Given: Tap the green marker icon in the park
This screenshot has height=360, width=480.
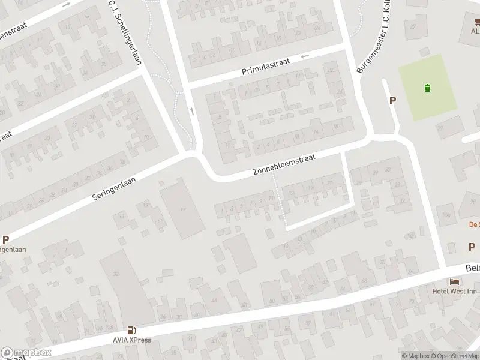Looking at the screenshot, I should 427,88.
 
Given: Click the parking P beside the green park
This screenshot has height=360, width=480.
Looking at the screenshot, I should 393,101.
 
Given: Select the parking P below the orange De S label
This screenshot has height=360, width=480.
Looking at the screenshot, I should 472,247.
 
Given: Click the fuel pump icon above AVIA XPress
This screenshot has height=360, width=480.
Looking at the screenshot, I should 130,330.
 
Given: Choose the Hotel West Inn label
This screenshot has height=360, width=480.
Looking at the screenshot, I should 454,292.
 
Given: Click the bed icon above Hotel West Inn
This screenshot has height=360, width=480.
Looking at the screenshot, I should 454,282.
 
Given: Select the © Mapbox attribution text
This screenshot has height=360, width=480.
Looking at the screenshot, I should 416,356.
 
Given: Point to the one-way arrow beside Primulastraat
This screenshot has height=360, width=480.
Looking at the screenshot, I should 305,56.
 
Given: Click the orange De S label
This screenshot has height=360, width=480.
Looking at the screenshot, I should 473,225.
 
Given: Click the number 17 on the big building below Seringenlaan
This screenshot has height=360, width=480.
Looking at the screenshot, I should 184,209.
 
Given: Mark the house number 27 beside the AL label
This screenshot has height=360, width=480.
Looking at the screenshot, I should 413,27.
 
